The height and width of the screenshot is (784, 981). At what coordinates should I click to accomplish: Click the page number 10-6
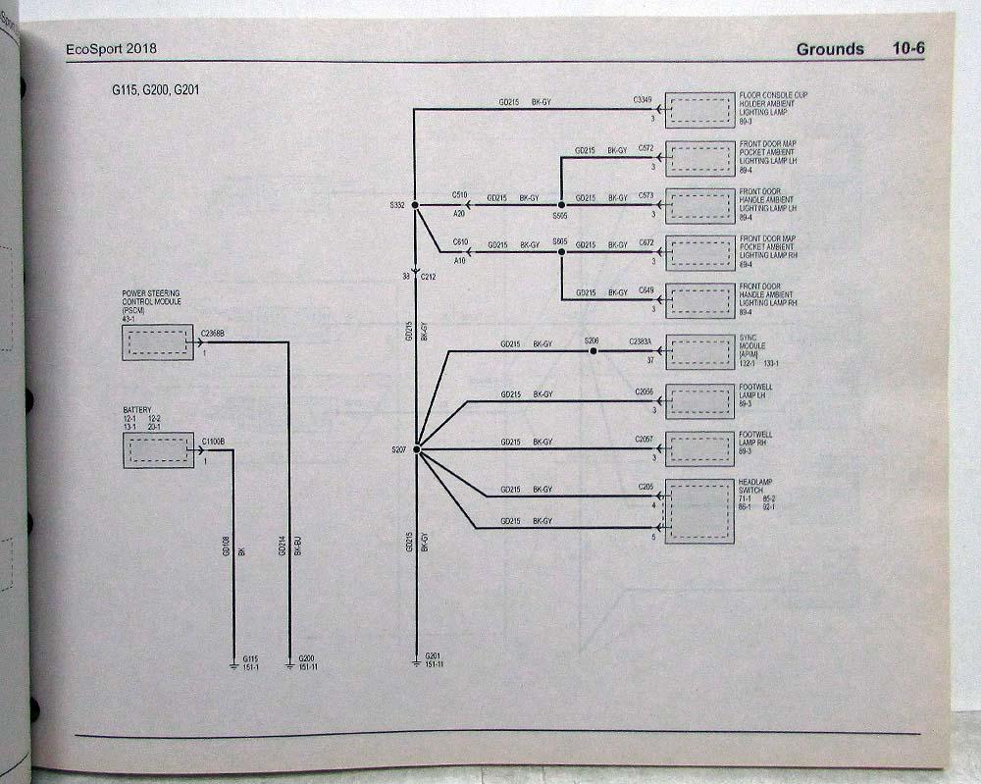click(908, 49)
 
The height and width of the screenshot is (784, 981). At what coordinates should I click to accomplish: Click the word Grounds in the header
click(830, 49)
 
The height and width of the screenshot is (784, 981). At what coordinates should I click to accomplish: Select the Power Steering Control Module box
click(158, 342)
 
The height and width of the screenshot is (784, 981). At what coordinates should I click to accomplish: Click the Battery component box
click(158, 450)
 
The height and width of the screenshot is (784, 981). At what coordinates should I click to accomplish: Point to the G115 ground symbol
click(234, 664)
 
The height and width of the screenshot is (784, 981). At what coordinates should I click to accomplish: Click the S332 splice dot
click(415, 205)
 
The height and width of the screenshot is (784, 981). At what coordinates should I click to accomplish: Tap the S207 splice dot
click(416, 449)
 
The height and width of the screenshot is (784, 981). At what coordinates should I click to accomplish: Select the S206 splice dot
click(592, 350)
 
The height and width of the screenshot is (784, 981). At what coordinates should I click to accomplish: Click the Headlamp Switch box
click(699, 511)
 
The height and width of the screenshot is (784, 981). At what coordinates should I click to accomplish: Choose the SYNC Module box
click(699, 351)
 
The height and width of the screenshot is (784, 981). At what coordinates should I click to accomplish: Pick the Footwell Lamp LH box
click(699, 400)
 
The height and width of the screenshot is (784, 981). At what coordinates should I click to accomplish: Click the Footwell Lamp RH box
click(699, 448)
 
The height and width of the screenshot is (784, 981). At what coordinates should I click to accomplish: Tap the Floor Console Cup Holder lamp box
click(699, 109)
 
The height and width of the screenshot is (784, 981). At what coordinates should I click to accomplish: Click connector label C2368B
click(212, 334)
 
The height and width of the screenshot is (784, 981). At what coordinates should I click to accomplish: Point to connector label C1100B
click(212, 442)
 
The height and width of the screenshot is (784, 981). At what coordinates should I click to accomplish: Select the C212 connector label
click(428, 278)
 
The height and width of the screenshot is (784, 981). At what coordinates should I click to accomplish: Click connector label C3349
click(644, 99)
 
